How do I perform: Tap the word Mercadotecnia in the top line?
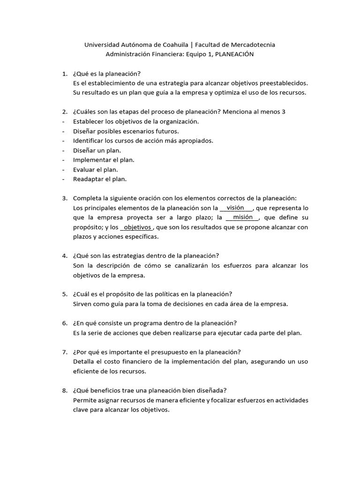pyautogui.click(x=252, y=45)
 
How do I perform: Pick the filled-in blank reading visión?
pyautogui.click(x=235, y=208)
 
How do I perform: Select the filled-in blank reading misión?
pyautogui.click(x=242, y=217)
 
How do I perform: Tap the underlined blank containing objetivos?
pyautogui.click(x=137, y=227)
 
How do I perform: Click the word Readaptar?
pyautogui.click(x=88, y=179)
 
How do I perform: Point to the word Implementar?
pyautogui.click(x=91, y=159)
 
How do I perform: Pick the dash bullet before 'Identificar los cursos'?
pyautogui.click(x=63, y=141)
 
